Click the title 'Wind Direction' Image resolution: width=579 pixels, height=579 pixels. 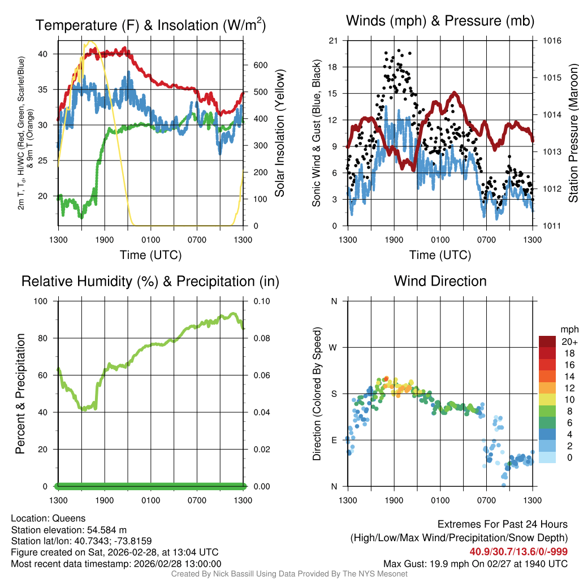(440, 281)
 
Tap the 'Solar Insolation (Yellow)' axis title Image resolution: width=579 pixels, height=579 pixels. (279, 133)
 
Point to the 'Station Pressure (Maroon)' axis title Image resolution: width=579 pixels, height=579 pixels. (573, 133)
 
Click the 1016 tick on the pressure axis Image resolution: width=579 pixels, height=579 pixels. (551, 41)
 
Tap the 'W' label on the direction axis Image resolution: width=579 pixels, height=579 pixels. (334, 347)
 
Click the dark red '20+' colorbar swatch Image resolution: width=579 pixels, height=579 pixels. (548, 342)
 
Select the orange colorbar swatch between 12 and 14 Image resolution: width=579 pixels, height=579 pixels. (548, 382)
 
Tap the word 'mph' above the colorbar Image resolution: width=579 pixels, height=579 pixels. (567, 329)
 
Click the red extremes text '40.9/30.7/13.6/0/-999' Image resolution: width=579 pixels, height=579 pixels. (518, 551)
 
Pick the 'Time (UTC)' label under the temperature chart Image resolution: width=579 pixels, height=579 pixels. (150, 255)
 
